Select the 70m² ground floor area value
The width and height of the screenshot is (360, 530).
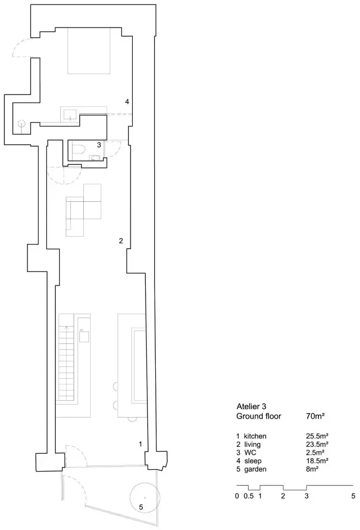pos(316,416)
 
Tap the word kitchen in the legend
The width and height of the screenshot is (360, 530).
pos(255,436)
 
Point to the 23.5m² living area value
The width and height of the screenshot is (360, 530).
pos(317,444)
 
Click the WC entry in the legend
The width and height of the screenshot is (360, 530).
pos(250,452)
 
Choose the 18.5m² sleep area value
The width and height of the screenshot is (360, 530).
pos(317,461)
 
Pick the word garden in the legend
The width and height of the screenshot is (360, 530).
pos(255,469)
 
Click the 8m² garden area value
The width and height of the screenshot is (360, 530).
pos(313,469)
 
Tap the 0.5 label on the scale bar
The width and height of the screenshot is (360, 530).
pos(249,496)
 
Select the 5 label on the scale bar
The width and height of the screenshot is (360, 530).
pos(353,496)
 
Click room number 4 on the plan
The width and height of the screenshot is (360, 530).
pos(127,101)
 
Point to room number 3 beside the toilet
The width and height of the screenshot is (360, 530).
pos(99,144)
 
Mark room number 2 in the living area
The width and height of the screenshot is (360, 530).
pos(121,241)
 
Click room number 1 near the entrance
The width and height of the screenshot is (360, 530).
pos(141,444)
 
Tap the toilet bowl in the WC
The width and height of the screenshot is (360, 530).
pos(79,149)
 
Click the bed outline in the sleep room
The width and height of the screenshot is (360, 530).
pos(89,51)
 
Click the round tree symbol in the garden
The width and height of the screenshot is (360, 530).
pos(145,497)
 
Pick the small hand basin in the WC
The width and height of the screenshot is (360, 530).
pos(95,157)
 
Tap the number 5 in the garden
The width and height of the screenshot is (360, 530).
pos(141,507)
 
